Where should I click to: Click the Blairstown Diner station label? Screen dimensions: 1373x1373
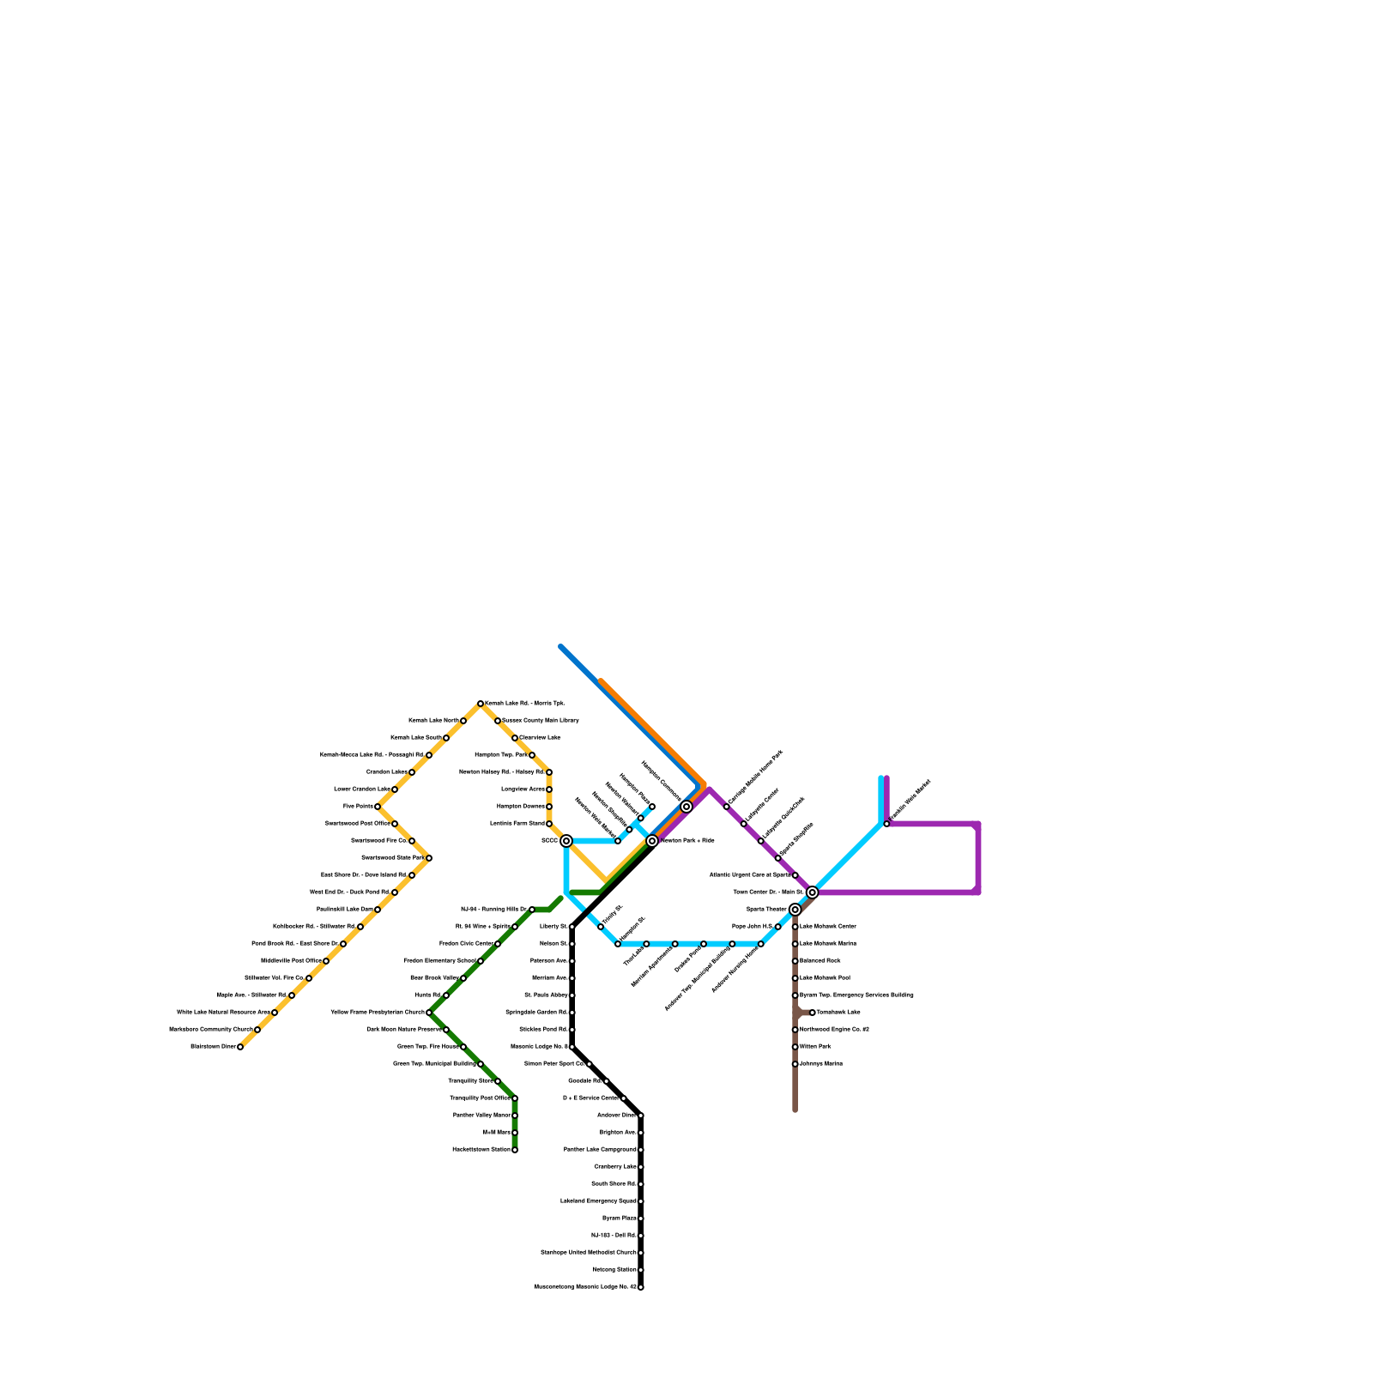click(x=213, y=1047)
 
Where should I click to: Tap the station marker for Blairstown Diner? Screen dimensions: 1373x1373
click(x=240, y=1047)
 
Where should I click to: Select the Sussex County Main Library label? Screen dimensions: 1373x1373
click(x=541, y=721)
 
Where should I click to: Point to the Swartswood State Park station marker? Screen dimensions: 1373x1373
click(x=429, y=858)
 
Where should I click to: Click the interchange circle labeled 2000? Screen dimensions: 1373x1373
click(x=566, y=841)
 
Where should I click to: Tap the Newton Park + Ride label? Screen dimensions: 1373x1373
click(x=687, y=841)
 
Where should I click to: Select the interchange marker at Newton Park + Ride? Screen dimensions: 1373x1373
click(x=652, y=841)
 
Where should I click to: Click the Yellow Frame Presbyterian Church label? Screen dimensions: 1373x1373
click(x=378, y=1013)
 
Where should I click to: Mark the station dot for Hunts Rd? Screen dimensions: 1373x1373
click(x=446, y=995)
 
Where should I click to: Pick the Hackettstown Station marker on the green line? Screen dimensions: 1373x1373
click(x=515, y=1150)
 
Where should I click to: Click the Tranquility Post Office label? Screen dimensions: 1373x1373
click(x=480, y=1098)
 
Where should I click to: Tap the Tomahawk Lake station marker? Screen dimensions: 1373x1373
click(x=813, y=1013)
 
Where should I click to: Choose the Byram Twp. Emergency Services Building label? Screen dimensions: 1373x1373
click(x=856, y=995)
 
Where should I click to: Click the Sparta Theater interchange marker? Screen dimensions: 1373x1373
click(x=795, y=910)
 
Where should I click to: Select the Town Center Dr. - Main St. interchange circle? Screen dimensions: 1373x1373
click(x=813, y=892)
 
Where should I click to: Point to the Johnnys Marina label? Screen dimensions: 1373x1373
click(x=821, y=1064)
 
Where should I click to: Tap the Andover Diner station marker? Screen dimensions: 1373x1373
click(x=641, y=1116)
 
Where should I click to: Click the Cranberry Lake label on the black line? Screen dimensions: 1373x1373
click(x=615, y=1167)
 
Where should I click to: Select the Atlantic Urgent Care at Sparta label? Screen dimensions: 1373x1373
click(x=750, y=875)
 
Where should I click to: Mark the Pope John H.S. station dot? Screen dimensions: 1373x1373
click(x=778, y=927)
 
